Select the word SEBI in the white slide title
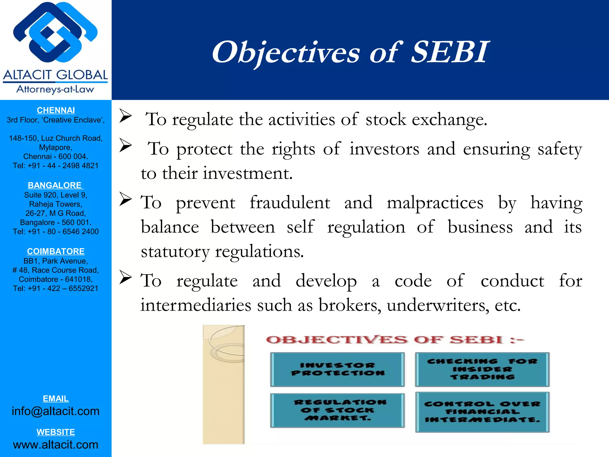(450, 52)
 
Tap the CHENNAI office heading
(56, 110)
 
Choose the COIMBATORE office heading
(56, 251)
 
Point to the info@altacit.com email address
(56, 411)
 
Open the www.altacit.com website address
(56, 445)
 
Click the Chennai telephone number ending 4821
(56, 166)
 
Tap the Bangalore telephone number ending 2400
(56, 232)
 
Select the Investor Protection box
(338, 369)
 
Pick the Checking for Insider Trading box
(482, 369)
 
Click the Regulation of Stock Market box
(338, 410)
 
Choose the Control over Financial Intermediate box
(482, 412)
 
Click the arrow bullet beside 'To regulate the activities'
(125, 116)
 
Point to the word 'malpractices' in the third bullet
(435, 203)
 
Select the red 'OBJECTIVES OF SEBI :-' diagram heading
(395, 340)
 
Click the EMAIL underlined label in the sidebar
(56, 399)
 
